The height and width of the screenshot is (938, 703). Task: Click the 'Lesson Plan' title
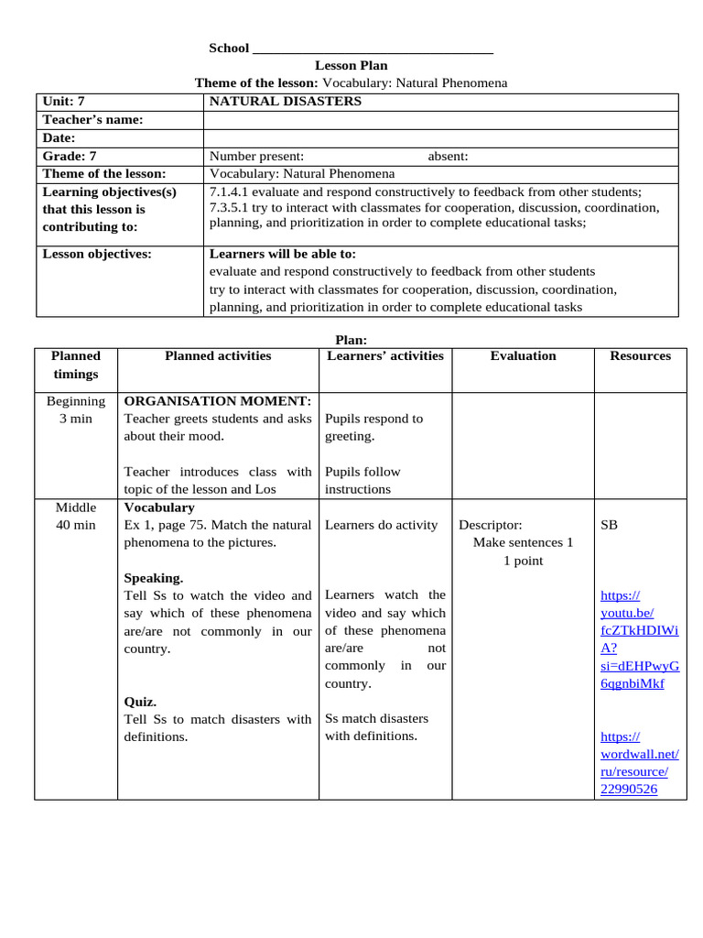pyautogui.click(x=351, y=65)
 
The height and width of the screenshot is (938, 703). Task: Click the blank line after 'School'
pyautogui.click(x=373, y=48)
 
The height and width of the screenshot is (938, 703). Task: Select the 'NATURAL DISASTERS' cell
pyautogui.click(x=286, y=102)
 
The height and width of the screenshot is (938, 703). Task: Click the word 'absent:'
pyautogui.click(x=448, y=156)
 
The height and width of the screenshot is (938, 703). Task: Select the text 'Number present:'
pyautogui.click(x=257, y=156)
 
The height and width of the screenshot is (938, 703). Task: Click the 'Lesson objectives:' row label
pyautogui.click(x=97, y=254)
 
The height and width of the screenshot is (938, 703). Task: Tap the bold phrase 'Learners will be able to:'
pyautogui.click(x=283, y=254)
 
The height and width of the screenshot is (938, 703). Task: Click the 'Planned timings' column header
pyautogui.click(x=76, y=365)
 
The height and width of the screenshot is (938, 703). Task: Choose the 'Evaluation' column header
pyautogui.click(x=523, y=355)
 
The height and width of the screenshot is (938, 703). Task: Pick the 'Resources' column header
pyautogui.click(x=640, y=355)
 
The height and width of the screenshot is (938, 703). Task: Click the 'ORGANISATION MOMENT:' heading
pyautogui.click(x=217, y=400)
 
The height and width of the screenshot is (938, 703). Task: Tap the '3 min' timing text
pyautogui.click(x=76, y=419)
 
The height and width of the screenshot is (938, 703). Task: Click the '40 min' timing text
pyautogui.click(x=76, y=525)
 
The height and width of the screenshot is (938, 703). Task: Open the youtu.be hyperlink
pyautogui.click(x=638, y=639)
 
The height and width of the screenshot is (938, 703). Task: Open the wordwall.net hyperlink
pyautogui.click(x=639, y=762)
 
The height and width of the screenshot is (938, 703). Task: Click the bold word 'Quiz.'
pyautogui.click(x=140, y=702)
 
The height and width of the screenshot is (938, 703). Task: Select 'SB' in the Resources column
pyautogui.click(x=609, y=525)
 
